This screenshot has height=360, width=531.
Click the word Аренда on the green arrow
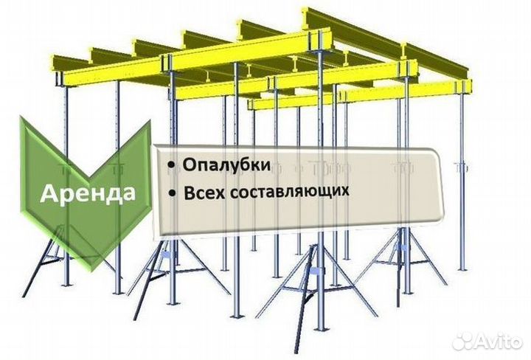88,193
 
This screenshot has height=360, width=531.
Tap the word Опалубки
226,165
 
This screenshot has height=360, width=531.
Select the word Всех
204,193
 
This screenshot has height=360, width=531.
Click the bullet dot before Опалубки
172,165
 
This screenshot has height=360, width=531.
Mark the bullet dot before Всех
173,193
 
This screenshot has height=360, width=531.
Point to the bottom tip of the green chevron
90,271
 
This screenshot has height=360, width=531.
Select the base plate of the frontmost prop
320,328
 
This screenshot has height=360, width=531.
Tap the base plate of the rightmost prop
463,269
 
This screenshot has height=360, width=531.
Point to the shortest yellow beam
292,102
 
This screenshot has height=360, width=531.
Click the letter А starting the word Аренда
49,193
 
